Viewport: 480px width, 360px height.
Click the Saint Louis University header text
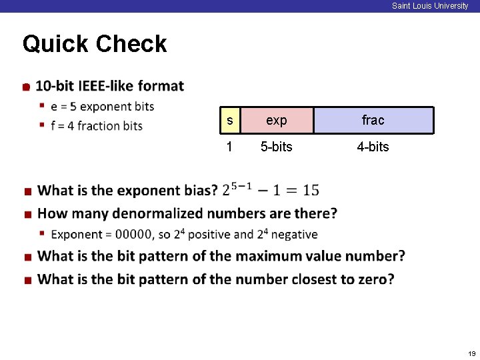430,6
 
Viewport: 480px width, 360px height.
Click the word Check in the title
131,44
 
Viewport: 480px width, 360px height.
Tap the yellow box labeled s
230,121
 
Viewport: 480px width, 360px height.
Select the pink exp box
276,121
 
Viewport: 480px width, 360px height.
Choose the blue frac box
373,121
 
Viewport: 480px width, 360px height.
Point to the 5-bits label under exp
276,147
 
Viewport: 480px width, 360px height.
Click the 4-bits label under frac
373,147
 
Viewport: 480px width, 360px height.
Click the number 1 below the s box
229,147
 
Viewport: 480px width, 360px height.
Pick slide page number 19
471,353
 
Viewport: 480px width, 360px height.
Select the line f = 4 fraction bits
97,126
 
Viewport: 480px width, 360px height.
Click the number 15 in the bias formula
311,191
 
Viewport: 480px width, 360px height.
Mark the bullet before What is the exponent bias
27,192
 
